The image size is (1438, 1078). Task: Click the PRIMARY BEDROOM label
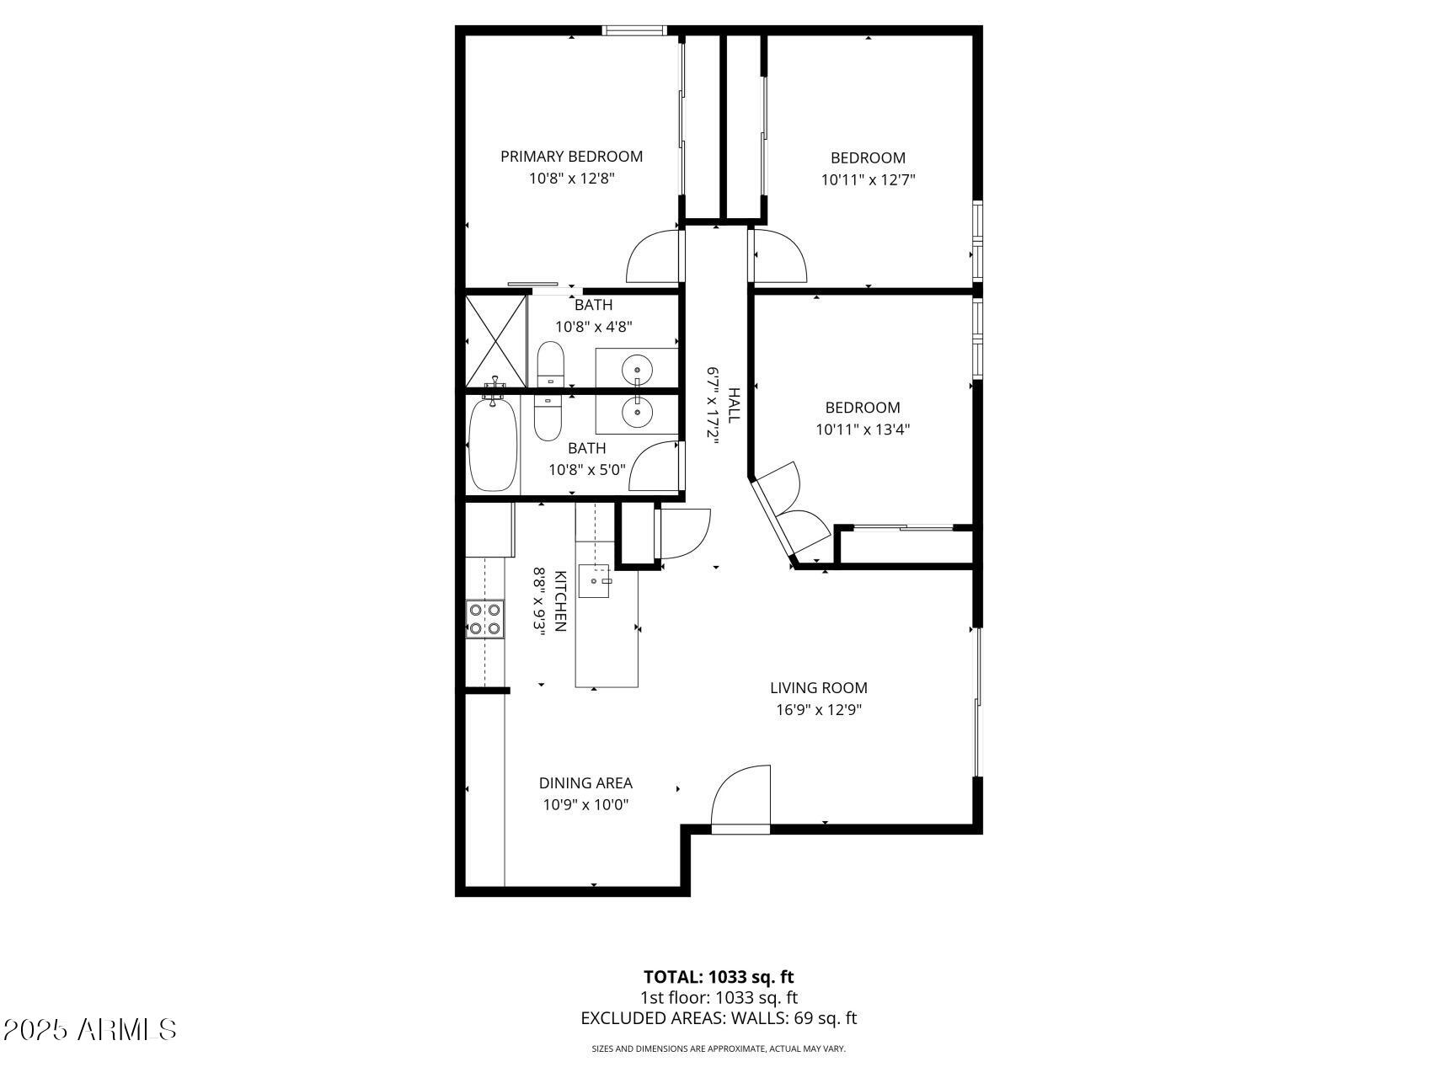pyautogui.click(x=571, y=157)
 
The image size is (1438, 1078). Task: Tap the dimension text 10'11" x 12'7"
pyautogui.click(x=868, y=179)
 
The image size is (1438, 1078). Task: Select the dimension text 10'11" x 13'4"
pyautogui.click(x=863, y=430)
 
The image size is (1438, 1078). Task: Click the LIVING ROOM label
pyautogui.click(x=818, y=688)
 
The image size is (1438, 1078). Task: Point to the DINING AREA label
pyautogui.click(x=585, y=783)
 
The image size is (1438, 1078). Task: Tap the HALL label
pyautogui.click(x=734, y=405)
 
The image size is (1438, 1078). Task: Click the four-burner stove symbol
pyautogui.click(x=485, y=619)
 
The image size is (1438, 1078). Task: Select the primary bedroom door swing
pyautogui.click(x=654, y=257)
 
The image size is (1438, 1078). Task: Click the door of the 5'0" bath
pyautogui.click(x=655, y=467)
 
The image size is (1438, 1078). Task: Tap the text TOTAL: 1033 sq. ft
pyautogui.click(x=719, y=977)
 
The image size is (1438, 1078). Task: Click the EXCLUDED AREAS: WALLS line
pyautogui.click(x=719, y=1018)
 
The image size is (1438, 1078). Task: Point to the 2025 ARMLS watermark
pyautogui.click(x=89, y=1029)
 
